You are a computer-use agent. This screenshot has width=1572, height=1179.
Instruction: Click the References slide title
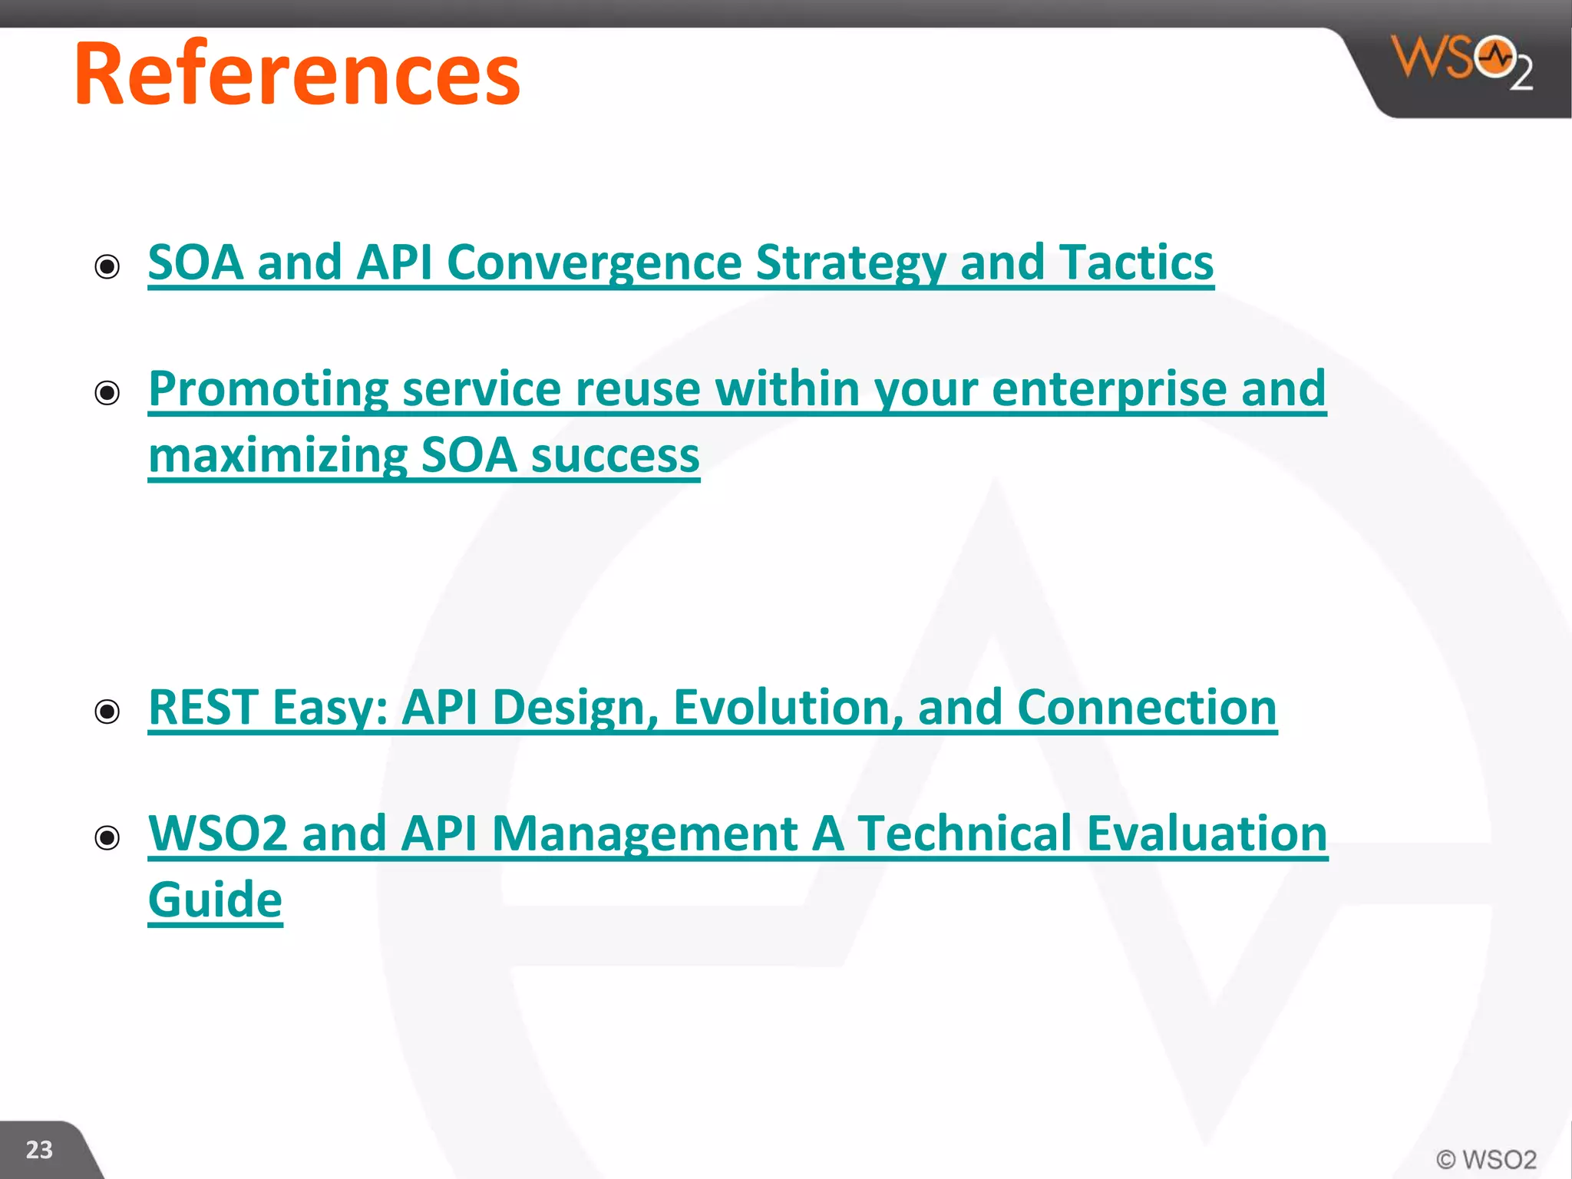coord(297,74)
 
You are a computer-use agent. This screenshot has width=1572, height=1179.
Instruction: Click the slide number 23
coord(39,1150)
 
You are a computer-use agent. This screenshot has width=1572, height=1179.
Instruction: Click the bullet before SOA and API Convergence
coord(107,267)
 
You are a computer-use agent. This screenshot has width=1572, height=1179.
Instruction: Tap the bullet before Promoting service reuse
coord(107,393)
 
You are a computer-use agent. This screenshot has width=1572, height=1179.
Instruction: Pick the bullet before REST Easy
coord(107,712)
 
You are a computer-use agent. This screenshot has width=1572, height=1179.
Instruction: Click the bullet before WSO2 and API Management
coord(107,837)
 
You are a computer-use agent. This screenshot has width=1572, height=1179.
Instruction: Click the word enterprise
coord(1109,389)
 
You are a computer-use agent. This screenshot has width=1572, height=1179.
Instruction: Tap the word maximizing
coord(277,456)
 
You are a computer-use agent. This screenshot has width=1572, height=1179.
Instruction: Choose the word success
coord(615,456)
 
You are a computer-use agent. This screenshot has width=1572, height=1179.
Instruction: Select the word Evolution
coord(788,707)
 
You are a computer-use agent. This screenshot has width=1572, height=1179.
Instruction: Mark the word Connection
coord(1147,707)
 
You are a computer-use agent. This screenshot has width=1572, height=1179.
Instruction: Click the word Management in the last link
coord(645,834)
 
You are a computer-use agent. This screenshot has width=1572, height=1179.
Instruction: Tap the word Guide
coord(215,900)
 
